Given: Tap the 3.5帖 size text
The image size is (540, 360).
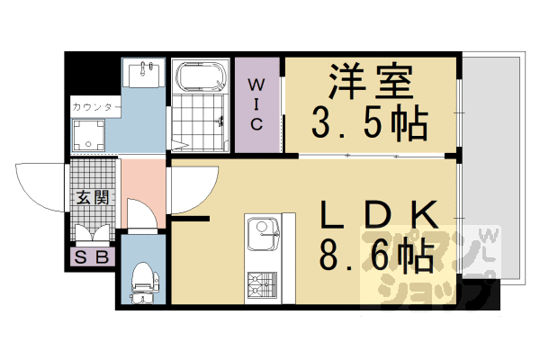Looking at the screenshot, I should pos(370,124).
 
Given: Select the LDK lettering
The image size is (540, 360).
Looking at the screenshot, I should pos(379,216).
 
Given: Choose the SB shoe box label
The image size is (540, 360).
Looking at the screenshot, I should pos(92,256).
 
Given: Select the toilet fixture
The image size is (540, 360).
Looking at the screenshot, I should pos(141,279).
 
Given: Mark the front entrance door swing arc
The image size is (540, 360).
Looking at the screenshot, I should pos(40,184).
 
